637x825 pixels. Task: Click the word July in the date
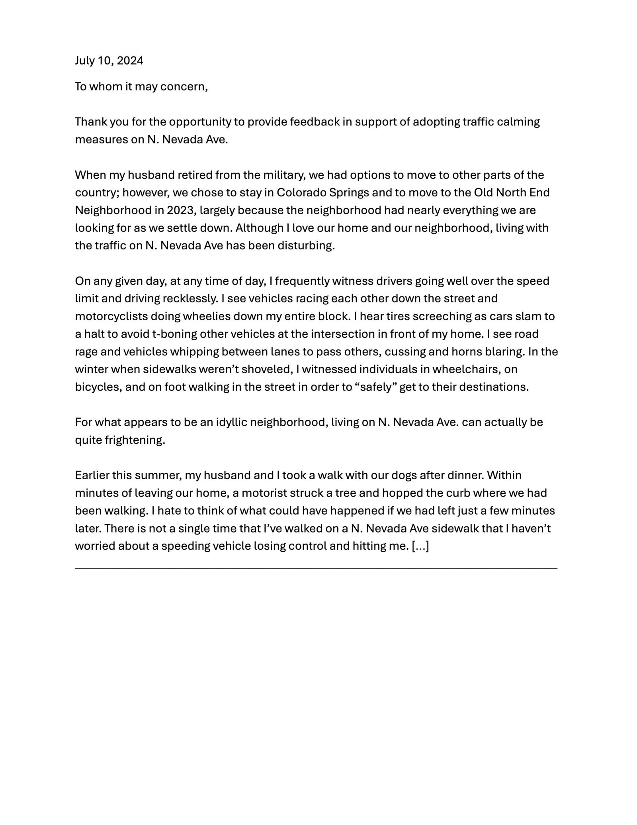(84, 61)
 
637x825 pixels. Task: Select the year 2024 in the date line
(130, 61)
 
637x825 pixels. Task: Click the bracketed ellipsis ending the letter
(420, 546)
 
